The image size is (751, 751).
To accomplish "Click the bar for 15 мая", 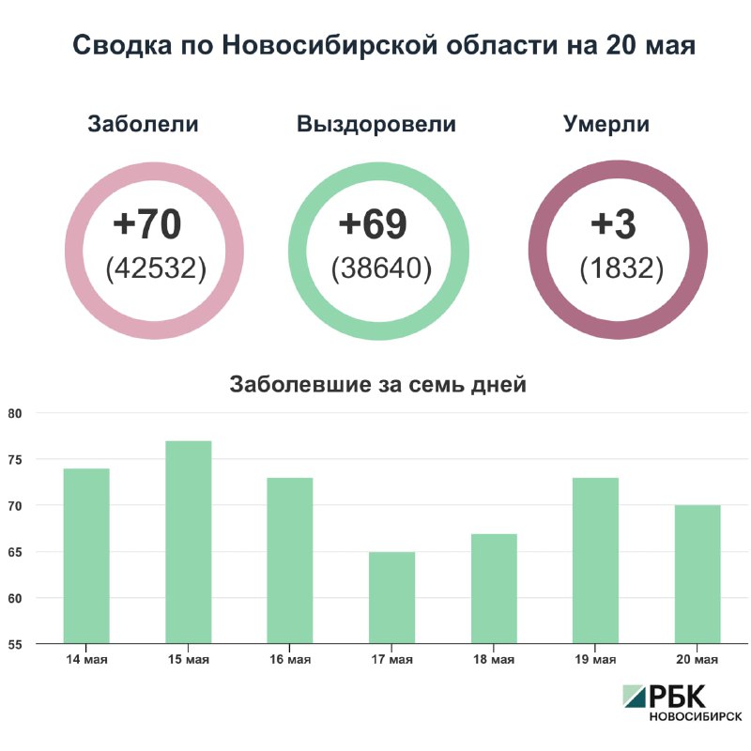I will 189,543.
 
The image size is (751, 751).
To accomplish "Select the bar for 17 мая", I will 392,598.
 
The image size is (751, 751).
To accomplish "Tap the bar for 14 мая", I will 86,556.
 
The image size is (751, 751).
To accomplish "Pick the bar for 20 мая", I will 697,575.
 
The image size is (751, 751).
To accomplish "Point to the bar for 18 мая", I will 494,589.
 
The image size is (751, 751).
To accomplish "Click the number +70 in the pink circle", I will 146,225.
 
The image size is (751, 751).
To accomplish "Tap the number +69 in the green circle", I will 373,225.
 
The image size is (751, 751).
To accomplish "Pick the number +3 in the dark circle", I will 614,225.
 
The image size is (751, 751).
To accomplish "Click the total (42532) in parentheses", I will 156,268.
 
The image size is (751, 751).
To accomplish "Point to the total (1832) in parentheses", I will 621,268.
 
